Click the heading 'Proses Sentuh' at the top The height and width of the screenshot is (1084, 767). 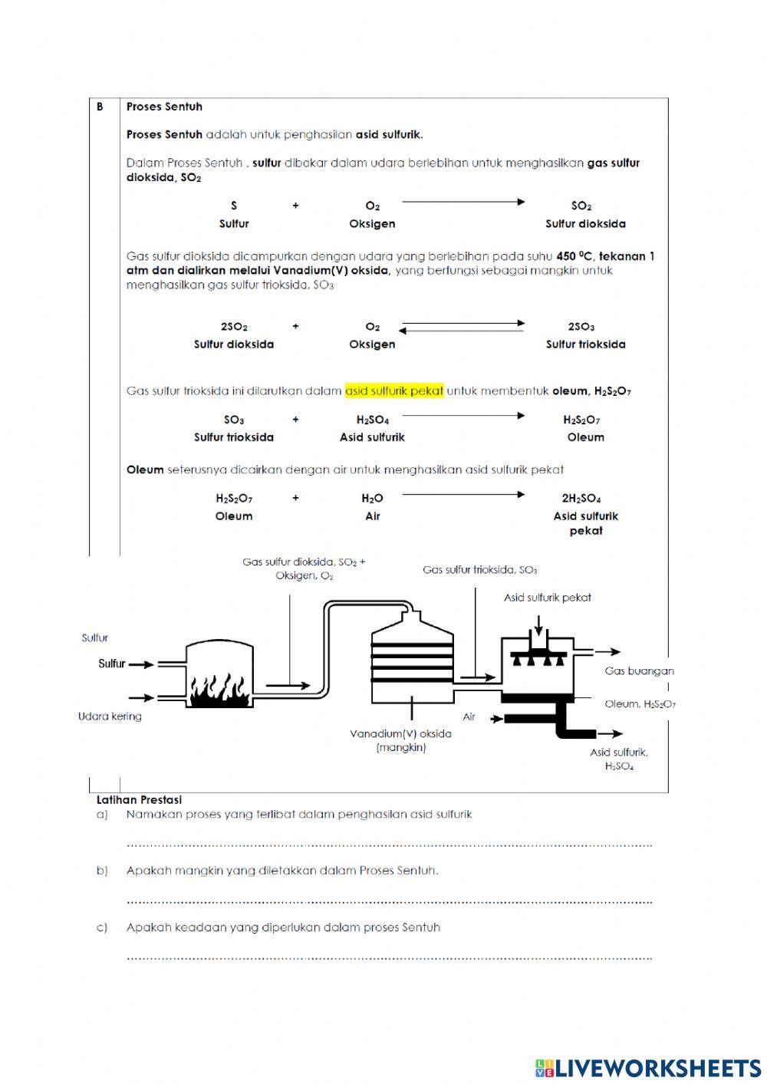(x=164, y=107)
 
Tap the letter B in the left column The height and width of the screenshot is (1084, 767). (x=100, y=107)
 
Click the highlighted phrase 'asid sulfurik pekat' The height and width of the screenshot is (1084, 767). (x=394, y=390)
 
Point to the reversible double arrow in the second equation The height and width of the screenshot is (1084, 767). (x=462, y=327)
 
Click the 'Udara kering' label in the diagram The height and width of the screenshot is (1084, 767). (x=110, y=717)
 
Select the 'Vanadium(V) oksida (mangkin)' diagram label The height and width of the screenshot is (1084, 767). (x=400, y=740)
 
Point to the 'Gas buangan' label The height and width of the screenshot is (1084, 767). (x=639, y=670)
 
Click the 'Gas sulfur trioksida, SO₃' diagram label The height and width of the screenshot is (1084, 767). (x=479, y=570)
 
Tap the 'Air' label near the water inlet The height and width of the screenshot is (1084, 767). (x=469, y=717)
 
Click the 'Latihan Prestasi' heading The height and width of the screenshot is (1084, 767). (x=139, y=799)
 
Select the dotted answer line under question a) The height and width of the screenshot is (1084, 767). (x=389, y=845)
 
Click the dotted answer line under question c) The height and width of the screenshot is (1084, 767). (x=389, y=957)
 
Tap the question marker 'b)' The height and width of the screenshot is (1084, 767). (x=102, y=871)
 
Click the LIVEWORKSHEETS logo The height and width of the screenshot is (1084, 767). (x=648, y=1068)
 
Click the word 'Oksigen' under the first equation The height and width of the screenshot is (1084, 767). (x=372, y=224)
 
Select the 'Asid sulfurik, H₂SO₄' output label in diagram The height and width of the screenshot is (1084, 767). (x=619, y=759)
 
